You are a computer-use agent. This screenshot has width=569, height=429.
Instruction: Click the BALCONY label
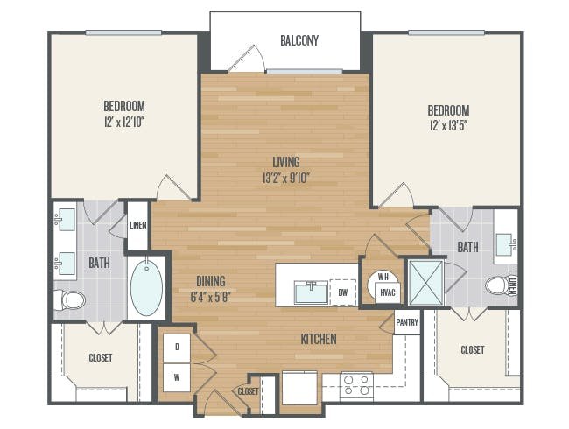[299, 40]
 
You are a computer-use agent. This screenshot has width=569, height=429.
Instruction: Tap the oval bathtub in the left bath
[146, 286]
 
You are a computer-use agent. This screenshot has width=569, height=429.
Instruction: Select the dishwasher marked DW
[343, 292]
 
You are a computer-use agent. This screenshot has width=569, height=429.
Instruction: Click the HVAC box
[388, 292]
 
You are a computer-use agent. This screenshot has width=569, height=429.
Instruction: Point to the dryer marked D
[177, 348]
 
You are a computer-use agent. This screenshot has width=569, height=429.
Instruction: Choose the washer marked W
[177, 378]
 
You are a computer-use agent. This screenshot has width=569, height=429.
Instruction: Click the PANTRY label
[407, 322]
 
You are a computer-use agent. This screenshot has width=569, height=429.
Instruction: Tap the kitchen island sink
[311, 292]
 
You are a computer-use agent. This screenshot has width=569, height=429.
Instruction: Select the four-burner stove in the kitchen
[356, 385]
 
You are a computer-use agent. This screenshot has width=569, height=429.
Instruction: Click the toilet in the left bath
[70, 300]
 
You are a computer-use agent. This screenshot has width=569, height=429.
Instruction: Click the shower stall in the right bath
[426, 283]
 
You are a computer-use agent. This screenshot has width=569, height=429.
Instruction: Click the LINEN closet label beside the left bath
[138, 225]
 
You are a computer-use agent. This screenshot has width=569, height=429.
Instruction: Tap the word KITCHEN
[319, 339]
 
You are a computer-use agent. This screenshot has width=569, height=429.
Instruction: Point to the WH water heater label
[383, 277]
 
